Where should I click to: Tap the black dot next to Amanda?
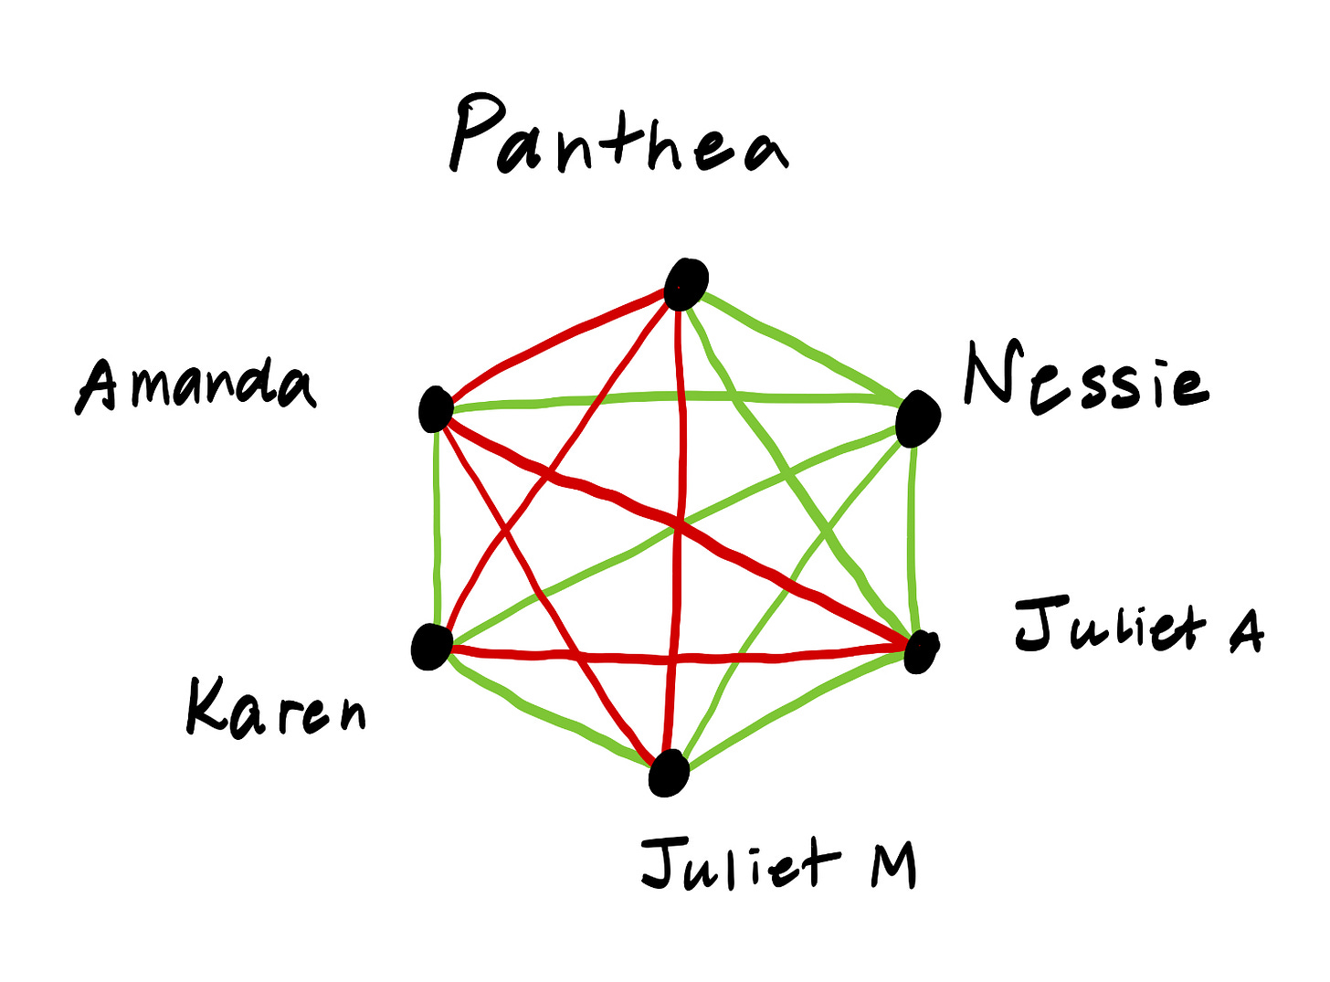coord(436,408)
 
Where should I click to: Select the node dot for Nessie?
coord(917,419)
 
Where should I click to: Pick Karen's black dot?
coord(431,646)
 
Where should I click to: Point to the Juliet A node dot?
coord(920,650)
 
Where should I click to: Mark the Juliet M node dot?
coord(669,773)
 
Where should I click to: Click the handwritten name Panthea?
coord(618,139)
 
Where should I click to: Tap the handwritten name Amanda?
coord(195,385)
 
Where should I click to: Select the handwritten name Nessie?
coord(1085,377)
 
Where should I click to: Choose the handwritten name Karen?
coord(275,708)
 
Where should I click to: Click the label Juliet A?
coord(1138,627)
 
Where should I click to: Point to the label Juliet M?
coord(778,863)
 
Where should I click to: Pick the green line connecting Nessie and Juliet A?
coord(912,539)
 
